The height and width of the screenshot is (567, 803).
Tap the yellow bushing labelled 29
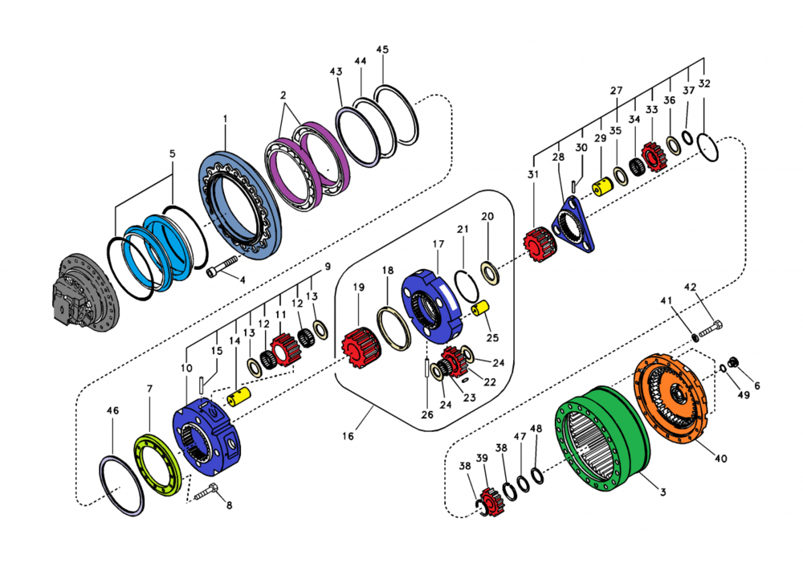(x=603, y=187)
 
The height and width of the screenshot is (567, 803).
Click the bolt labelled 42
(x=711, y=328)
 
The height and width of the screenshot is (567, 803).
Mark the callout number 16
(x=347, y=436)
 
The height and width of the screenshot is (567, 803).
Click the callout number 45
(x=382, y=50)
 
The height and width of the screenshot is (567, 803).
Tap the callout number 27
(x=616, y=91)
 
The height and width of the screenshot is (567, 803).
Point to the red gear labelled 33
(x=653, y=154)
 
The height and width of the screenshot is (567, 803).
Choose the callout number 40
(x=721, y=459)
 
